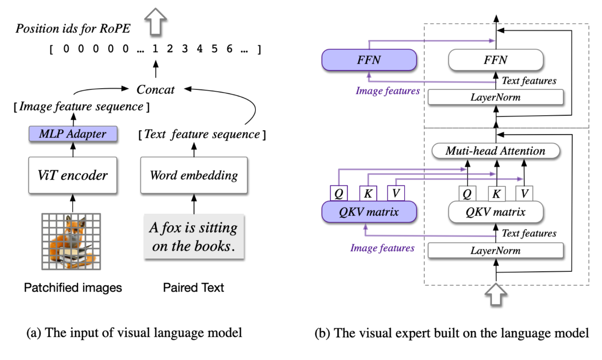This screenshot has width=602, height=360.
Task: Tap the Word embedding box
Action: [x=193, y=175]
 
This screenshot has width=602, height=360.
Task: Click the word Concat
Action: [x=156, y=89]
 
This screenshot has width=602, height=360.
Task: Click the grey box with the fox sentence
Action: [x=193, y=237]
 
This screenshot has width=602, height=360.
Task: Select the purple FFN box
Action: [x=369, y=60]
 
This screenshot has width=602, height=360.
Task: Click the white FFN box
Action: [x=495, y=60]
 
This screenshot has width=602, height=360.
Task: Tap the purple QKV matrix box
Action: [x=369, y=212]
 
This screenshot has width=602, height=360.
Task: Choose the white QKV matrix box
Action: [x=495, y=212]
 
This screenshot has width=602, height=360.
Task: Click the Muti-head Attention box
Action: [x=495, y=151]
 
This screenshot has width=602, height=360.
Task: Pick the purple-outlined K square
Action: [x=368, y=193]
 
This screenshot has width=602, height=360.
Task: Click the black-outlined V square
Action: [x=524, y=194]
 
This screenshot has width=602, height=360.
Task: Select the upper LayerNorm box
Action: [x=495, y=97]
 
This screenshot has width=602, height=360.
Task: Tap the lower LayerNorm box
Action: [x=495, y=250]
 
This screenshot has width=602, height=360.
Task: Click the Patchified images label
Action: [x=72, y=287]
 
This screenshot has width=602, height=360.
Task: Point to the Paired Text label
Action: [x=193, y=287]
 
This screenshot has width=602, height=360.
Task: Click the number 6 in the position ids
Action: [x=229, y=49]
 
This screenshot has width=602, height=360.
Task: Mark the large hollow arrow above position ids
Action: [x=156, y=24]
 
